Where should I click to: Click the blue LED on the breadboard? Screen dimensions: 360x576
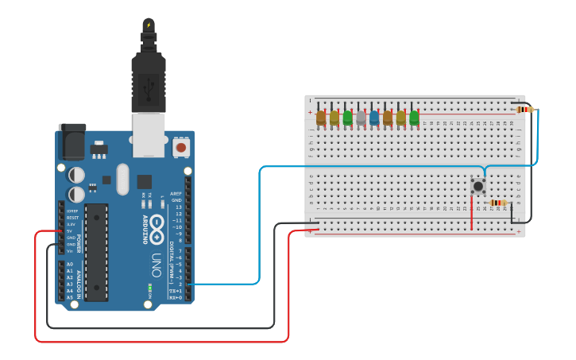(374, 118)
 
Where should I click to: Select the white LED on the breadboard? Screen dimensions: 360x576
(361, 118)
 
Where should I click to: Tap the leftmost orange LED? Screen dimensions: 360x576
(321, 118)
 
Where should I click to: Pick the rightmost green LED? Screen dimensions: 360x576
(414, 118)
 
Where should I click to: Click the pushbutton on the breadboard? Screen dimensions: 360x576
(478, 186)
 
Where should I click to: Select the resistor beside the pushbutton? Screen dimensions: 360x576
(498, 203)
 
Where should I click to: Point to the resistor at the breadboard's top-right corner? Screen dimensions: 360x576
(524, 110)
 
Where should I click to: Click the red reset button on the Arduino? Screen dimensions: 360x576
(181, 147)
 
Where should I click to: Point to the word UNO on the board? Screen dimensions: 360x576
(157, 265)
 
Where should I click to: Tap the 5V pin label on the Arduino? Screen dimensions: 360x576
(71, 231)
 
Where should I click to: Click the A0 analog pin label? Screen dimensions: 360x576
(70, 264)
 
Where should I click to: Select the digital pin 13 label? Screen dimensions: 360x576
(178, 207)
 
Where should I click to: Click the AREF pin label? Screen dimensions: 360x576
(176, 193)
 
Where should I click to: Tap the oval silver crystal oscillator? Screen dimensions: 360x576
(122, 179)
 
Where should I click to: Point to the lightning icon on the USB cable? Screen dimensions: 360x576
(149, 25)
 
